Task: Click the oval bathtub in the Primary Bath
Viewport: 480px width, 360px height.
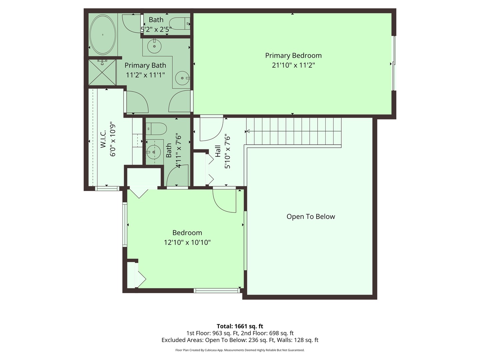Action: click(103, 35)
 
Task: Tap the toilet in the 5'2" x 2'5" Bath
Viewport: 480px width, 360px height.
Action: click(180, 24)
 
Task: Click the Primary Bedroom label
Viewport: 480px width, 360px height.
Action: click(293, 55)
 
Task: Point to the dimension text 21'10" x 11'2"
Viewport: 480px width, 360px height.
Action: click(293, 65)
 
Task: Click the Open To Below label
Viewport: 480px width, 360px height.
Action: click(311, 216)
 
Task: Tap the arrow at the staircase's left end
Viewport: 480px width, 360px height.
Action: click(248, 132)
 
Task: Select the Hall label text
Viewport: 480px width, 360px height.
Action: click(218, 151)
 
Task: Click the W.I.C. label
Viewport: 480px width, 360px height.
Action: click(103, 139)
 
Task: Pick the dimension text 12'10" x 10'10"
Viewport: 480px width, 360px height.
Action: click(187, 242)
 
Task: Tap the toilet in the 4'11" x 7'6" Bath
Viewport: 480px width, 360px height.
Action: click(157, 129)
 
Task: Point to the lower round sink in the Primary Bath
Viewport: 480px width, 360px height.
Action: click(182, 78)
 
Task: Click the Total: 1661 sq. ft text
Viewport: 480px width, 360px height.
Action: click(240, 326)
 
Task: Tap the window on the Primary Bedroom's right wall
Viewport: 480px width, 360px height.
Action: click(394, 63)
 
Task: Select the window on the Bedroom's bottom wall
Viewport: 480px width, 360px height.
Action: click(217, 291)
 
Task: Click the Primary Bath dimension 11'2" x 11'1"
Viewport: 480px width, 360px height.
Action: click(145, 75)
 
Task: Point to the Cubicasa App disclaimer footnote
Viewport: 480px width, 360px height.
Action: click(240, 350)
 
